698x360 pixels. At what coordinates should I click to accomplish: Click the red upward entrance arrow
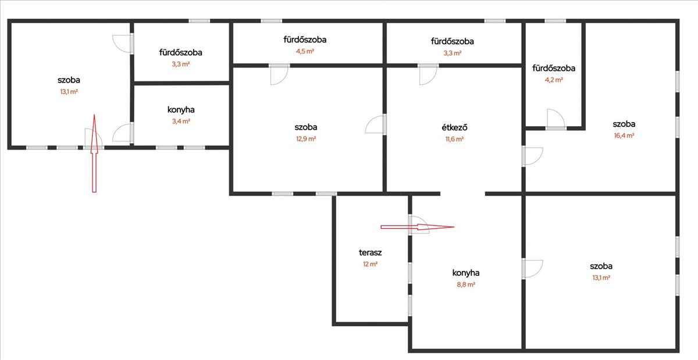pyautogui.click(x=93, y=154)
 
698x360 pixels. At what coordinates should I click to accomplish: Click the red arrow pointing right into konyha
pyautogui.click(x=416, y=227)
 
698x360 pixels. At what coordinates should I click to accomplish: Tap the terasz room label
pyautogui.click(x=370, y=253)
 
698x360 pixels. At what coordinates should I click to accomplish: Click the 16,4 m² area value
pyautogui.click(x=624, y=136)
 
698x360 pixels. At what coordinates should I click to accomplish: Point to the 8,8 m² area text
pyautogui.click(x=465, y=285)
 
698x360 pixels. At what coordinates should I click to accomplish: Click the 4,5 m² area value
pyautogui.click(x=305, y=51)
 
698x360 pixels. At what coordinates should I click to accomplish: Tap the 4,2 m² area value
pyautogui.click(x=553, y=80)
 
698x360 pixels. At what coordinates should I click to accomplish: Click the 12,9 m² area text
pyautogui.click(x=305, y=139)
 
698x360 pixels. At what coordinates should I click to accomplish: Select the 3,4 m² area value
pyautogui.click(x=181, y=122)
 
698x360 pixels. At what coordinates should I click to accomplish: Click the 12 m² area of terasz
pyautogui.click(x=370, y=264)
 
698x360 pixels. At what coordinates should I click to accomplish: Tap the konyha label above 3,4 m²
pyautogui.click(x=181, y=109)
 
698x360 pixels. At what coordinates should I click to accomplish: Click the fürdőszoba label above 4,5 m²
pyautogui.click(x=305, y=40)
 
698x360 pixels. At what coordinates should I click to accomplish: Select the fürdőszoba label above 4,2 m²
pyautogui.click(x=554, y=69)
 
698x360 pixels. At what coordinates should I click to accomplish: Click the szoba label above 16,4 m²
pyautogui.click(x=624, y=124)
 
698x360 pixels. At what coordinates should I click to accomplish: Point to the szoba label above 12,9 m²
pyautogui.click(x=305, y=127)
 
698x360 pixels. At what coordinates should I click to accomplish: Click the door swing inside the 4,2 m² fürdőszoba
pyautogui.click(x=555, y=119)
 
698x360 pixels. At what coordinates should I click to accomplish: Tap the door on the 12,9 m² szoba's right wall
pyautogui.click(x=376, y=124)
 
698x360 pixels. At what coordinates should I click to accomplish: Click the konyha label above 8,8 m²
pyautogui.click(x=465, y=273)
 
